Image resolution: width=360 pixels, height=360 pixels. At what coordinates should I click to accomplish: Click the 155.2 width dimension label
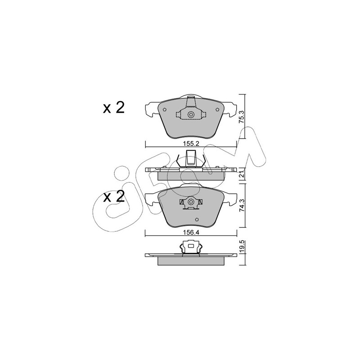coord(190,144)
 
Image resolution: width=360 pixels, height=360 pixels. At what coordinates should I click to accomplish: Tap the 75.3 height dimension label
coord(242,117)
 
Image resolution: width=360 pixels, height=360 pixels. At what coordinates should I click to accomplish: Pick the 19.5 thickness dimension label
coord(242,247)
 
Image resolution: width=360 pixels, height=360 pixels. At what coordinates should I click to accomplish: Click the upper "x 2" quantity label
coord(114,108)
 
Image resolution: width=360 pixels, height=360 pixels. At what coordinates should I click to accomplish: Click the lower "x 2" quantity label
coord(114,197)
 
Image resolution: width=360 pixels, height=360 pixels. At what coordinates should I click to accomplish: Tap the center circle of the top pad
coord(191,115)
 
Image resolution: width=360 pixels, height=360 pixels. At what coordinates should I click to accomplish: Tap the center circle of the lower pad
coord(191,202)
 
